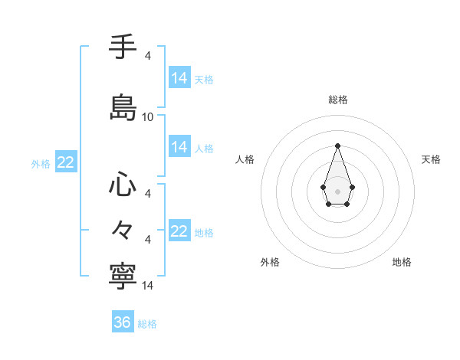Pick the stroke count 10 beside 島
pyautogui.click(x=148, y=117)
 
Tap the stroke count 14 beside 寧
pyautogui.click(x=148, y=286)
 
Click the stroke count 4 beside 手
pyautogui.click(x=148, y=55)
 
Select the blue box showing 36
pyautogui.click(x=123, y=322)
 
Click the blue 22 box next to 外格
pyautogui.click(x=65, y=162)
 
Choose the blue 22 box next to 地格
pyautogui.click(x=179, y=231)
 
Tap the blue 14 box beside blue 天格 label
pyautogui.click(x=179, y=78)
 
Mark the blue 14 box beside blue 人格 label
pyautogui.click(x=179, y=147)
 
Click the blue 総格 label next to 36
pyautogui.click(x=147, y=324)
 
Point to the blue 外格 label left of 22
pyautogui.click(x=41, y=163)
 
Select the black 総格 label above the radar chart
pyautogui.click(x=337, y=100)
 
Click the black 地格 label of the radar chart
pyautogui.click(x=402, y=262)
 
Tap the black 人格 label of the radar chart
pyautogui.click(x=245, y=159)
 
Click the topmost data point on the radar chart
pyautogui.click(x=337, y=146)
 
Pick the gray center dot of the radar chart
pyautogui.click(x=337, y=191)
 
